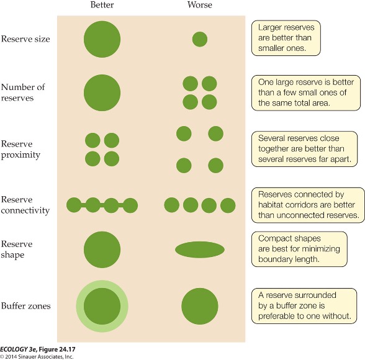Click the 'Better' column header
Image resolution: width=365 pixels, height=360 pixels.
[x=102, y=5]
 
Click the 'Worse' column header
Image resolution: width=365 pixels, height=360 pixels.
[x=200, y=5]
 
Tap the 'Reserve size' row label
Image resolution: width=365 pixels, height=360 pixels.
[x=25, y=39]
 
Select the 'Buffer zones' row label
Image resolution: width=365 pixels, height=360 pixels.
[x=25, y=306]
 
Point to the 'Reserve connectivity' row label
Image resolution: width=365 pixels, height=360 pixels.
[x=25, y=205]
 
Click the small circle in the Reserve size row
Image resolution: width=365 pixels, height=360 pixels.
[x=200, y=39]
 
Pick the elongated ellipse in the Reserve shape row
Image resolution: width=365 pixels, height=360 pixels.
[x=200, y=250]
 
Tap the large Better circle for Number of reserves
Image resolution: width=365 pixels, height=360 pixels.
[x=102, y=92]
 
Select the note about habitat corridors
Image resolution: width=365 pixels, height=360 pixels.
[x=308, y=205]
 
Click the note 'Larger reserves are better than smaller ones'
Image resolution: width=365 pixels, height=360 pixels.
[x=286, y=38]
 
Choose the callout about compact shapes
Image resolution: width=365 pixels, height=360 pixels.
[x=299, y=249]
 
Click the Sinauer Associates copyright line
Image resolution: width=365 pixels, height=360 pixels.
[x=37, y=356]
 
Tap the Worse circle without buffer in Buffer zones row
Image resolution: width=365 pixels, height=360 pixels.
[x=200, y=306]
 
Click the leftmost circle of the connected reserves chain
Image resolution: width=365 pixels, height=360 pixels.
[x=74, y=205]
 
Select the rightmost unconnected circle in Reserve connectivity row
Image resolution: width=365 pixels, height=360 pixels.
[x=228, y=205]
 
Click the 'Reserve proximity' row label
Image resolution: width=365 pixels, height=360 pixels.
[x=20, y=149]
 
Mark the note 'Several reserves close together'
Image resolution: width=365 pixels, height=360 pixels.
[x=304, y=149]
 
